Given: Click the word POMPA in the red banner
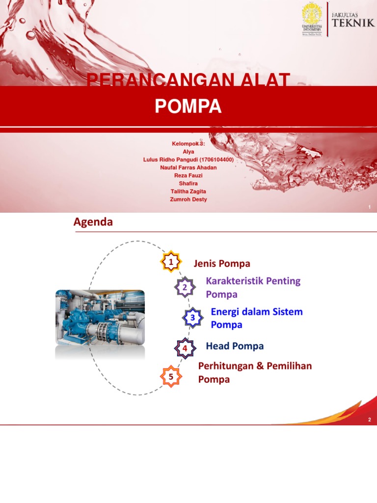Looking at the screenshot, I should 188,107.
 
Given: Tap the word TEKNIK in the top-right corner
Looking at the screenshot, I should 353,23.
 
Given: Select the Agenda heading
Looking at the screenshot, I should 93,222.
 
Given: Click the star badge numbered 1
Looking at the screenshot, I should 171,262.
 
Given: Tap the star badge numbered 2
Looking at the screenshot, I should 185,287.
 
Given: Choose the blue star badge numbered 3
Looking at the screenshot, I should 193,318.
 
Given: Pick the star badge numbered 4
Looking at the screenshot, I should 185,348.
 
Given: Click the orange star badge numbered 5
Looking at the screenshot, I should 171,377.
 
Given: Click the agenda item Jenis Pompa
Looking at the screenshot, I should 222,264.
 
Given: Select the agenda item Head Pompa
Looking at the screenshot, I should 235,346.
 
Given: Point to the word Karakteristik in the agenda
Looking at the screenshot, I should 234,281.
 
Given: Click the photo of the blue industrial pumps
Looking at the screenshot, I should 100,317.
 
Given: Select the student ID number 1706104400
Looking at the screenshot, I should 215,160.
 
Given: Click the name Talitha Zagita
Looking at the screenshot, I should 188,192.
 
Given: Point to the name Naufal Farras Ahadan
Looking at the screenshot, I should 188,168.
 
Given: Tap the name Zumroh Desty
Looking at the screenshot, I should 188,199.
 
